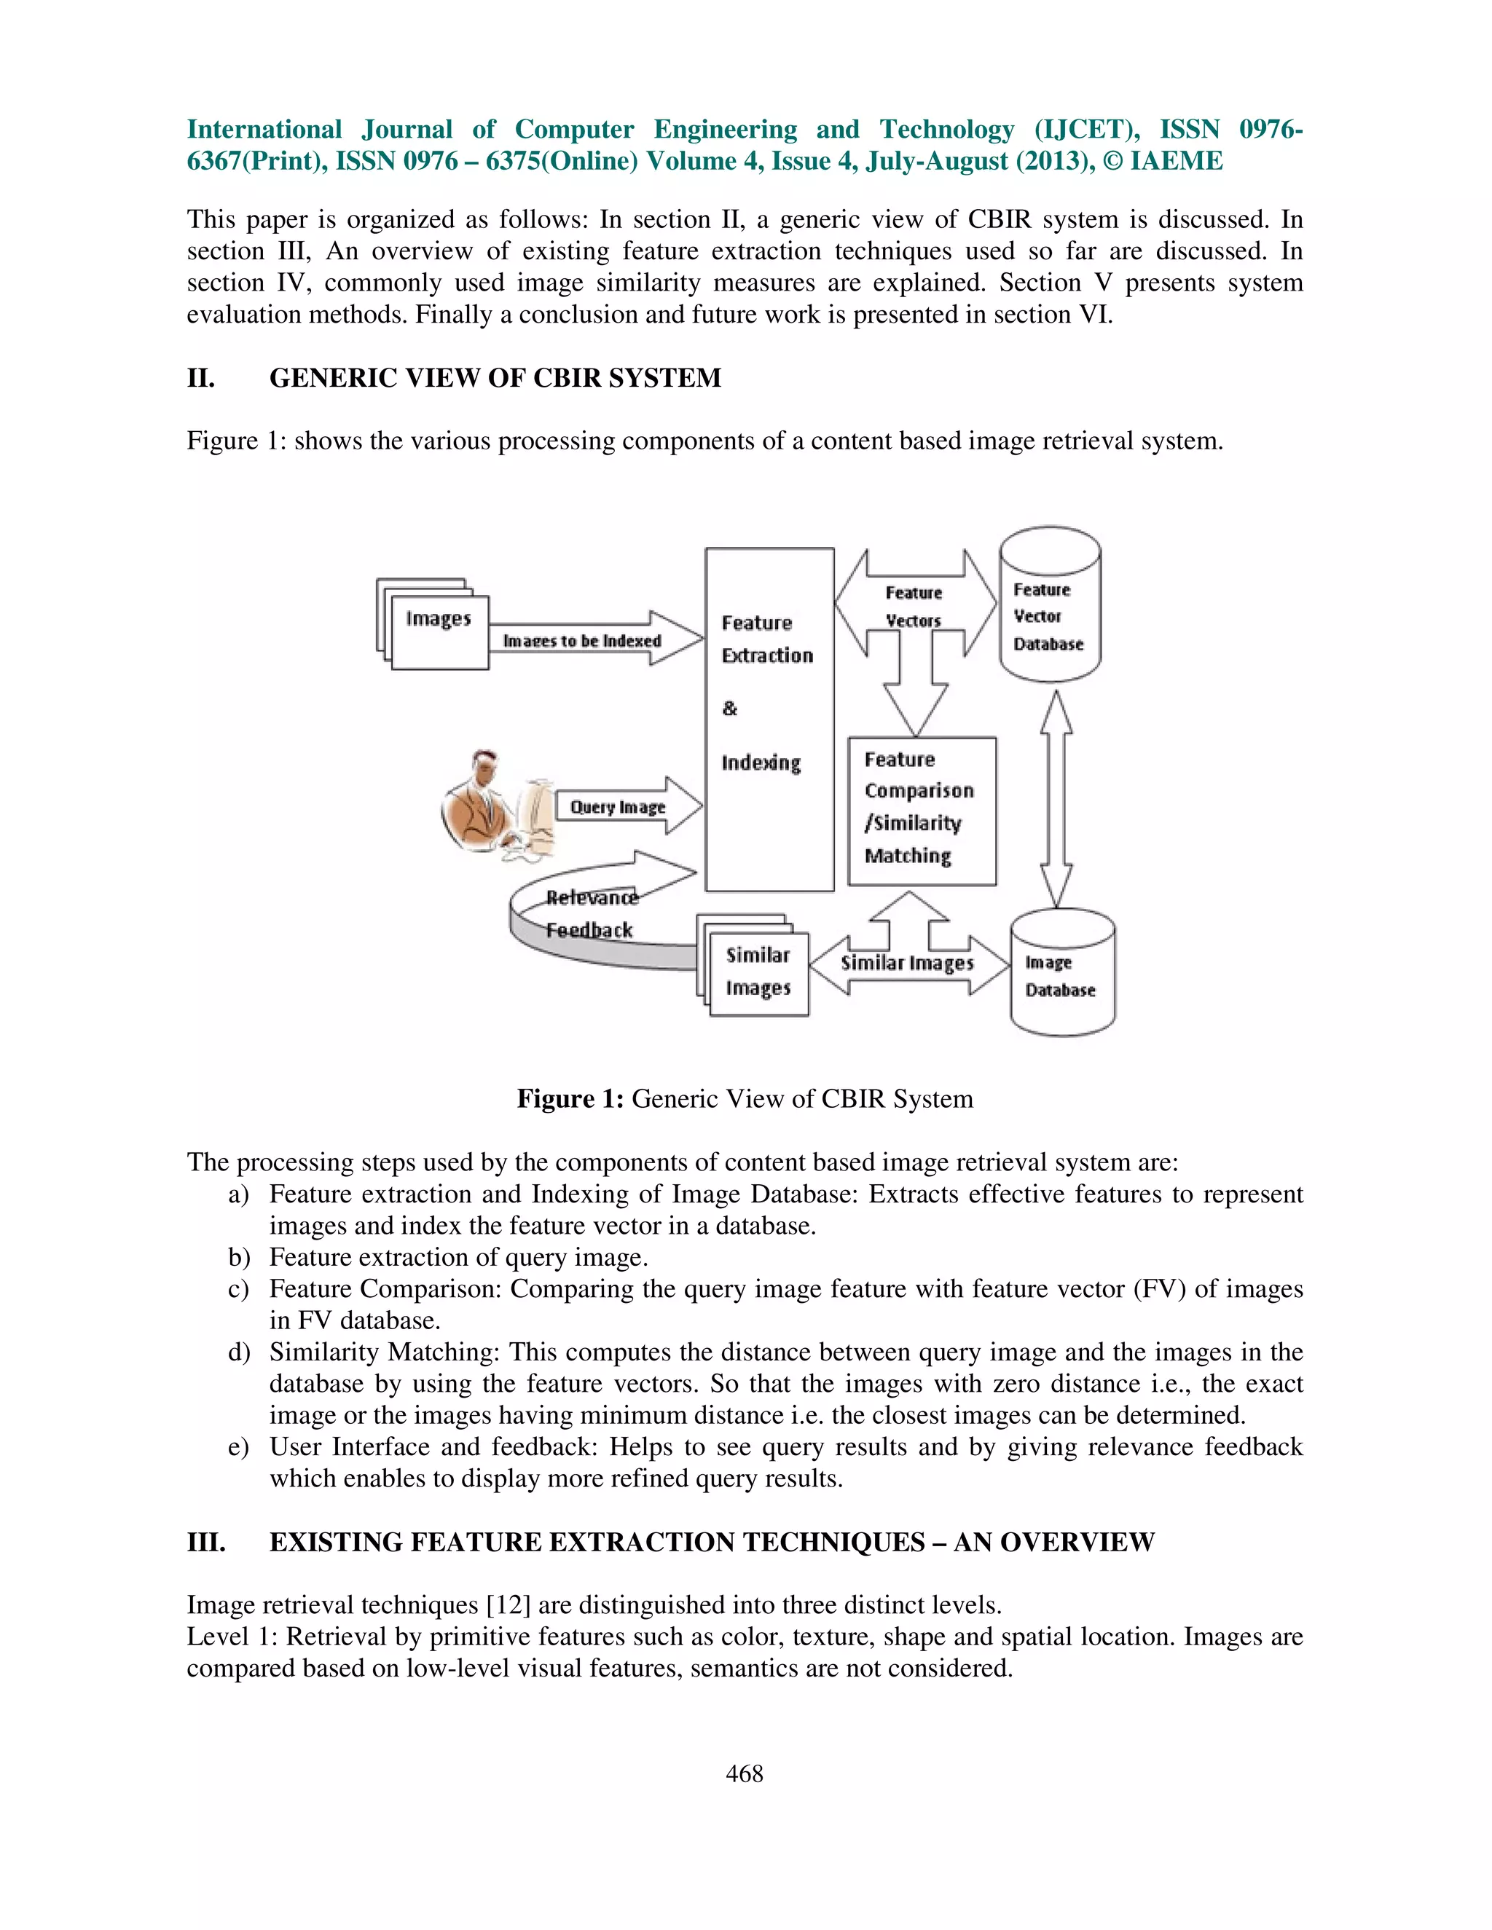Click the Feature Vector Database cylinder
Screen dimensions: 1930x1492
tap(1049, 606)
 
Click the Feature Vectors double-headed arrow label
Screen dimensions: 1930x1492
tap(914, 606)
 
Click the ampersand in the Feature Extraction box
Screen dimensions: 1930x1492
tap(729, 708)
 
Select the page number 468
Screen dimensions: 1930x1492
tap(745, 1773)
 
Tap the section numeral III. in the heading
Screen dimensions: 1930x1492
tap(206, 1542)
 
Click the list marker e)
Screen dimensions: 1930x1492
tap(239, 1446)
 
